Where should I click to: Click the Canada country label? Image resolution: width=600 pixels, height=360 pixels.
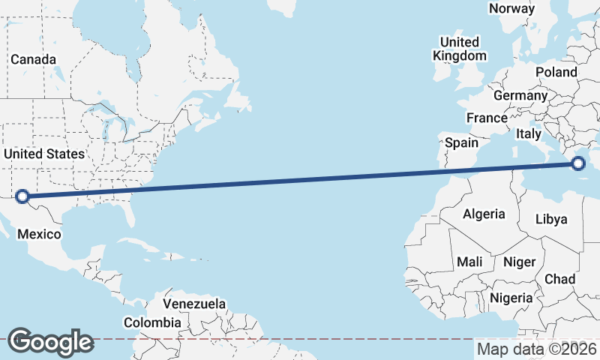(x=33, y=59)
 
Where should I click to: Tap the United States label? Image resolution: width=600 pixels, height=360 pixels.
(x=44, y=154)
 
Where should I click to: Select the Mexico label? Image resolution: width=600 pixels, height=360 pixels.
(x=39, y=234)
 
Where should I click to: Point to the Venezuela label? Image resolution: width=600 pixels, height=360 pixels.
(x=194, y=304)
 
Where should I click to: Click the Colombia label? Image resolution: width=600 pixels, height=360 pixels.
(x=152, y=322)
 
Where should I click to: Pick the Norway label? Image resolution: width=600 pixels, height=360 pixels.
(x=511, y=9)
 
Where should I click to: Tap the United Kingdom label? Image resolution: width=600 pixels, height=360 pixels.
(x=460, y=49)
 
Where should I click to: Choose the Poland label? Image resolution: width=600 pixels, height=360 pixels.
(x=556, y=72)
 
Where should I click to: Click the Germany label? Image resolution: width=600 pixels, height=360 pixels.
(x=520, y=96)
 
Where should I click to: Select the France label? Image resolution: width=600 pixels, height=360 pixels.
(x=487, y=118)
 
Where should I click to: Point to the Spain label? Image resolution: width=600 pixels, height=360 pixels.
(x=461, y=142)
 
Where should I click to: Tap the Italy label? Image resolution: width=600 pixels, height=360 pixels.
(x=528, y=133)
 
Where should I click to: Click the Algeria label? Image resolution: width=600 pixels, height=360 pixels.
(x=484, y=214)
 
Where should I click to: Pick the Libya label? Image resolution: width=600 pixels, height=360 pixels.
(x=551, y=219)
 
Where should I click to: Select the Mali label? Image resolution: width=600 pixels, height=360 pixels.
(x=469, y=262)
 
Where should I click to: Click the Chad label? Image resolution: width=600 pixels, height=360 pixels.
(x=559, y=279)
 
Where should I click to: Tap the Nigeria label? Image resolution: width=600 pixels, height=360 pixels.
(x=511, y=298)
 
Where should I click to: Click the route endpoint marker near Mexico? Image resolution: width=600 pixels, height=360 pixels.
(x=22, y=196)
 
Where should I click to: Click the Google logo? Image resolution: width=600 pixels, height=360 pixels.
(x=50, y=342)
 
